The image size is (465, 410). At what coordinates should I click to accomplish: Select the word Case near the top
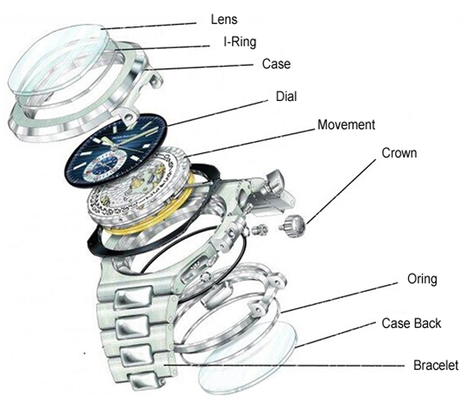point(275,64)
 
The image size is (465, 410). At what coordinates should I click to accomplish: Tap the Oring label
point(421,279)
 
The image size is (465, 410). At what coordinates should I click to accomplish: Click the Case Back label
point(412,322)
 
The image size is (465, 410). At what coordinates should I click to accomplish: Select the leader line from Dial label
point(225,111)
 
